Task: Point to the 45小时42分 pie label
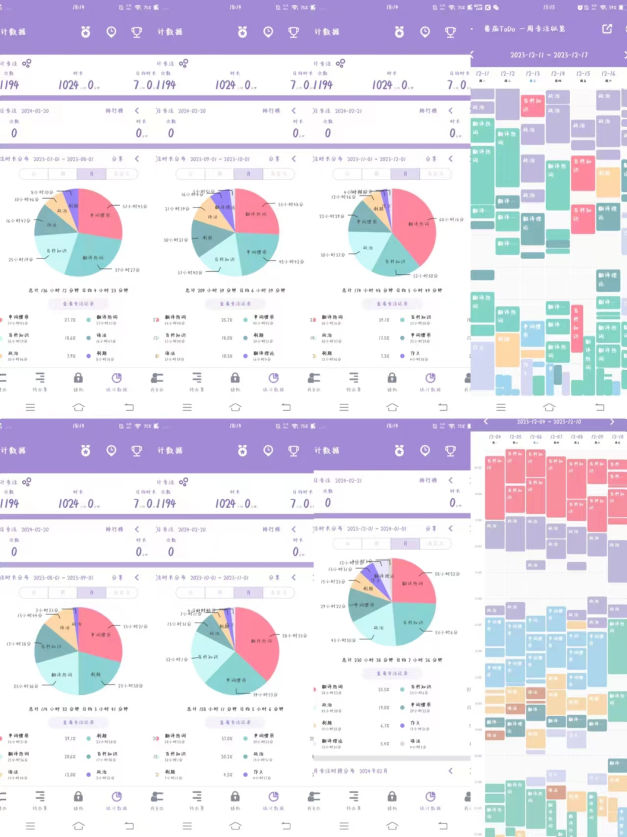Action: pyautogui.click(x=291, y=262)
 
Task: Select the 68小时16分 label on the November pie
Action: pyautogui.click(x=451, y=220)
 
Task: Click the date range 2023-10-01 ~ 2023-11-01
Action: pyautogui.click(x=219, y=578)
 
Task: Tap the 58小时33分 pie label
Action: pyautogui.click(x=294, y=636)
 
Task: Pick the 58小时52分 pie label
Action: pyautogui.click(x=447, y=574)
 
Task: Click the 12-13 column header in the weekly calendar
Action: pyautogui.click(x=533, y=74)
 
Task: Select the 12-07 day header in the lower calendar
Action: pyautogui.click(x=556, y=437)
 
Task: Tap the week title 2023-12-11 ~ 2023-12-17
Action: pyautogui.click(x=549, y=55)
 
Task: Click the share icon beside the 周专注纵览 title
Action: pyautogui.click(x=607, y=28)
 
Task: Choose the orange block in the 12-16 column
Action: pyautogui.click(x=608, y=182)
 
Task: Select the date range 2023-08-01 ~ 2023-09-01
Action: pyautogui.click(x=63, y=578)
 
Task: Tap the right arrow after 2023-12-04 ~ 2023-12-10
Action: pyautogui.click(x=612, y=422)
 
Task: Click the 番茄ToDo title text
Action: pyautogui.click(x=500, y=28)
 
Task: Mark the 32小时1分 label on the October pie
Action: pyautogui.click(x=176, y=660)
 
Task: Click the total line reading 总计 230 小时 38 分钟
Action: pyautogui.click(x=391, y=660)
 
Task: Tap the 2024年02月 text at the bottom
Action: pyautogui.click(x=373, y=771)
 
